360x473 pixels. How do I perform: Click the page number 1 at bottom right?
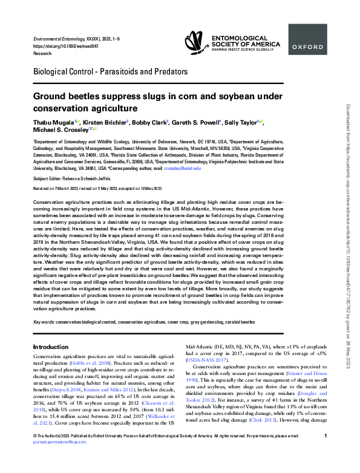(x=326, y=452)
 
